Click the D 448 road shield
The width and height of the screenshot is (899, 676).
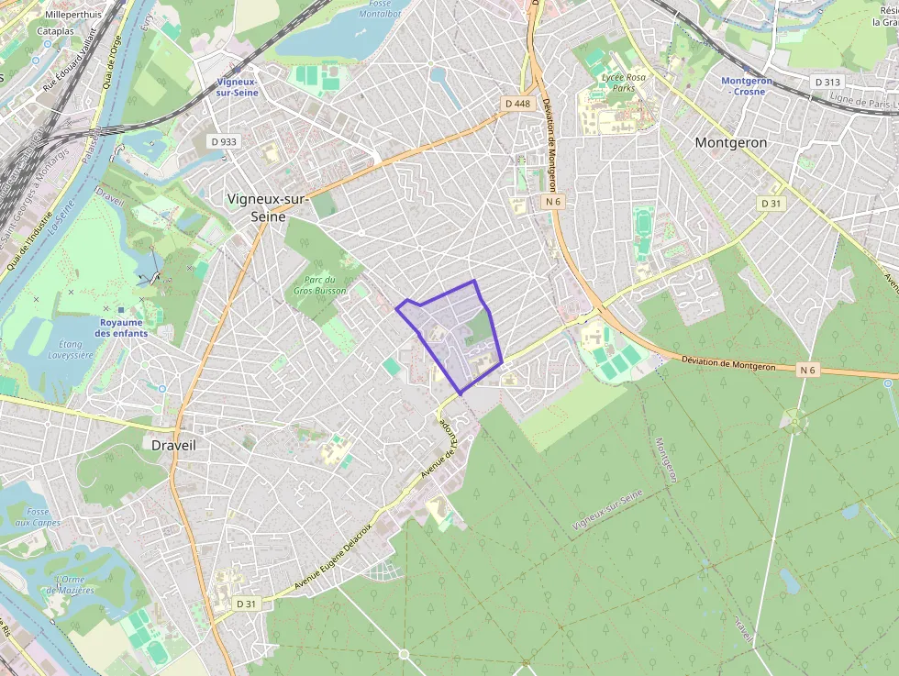click(x=517, y=104)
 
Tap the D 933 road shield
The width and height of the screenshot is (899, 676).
click(x=223, y=141)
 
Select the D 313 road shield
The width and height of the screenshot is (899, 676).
click(x=827, y=83)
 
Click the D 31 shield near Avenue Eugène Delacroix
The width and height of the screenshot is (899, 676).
click(x=246, y=604)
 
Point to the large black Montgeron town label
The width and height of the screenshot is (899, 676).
click(x=730, y=143)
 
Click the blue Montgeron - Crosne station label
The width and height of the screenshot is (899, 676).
click(x=747, y=87)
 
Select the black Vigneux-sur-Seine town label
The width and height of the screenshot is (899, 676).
click(x=268, y=207)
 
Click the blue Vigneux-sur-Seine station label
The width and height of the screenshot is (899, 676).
click(x=237, y=87)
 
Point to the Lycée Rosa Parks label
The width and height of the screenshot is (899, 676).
click(x=624, y=83)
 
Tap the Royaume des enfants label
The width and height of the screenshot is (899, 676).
click(x=121, y=327)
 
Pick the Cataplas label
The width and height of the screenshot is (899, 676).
click(x=56, y=31)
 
